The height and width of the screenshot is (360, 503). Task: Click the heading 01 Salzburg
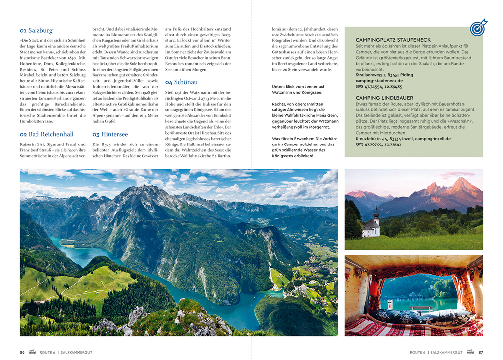coord(36,30)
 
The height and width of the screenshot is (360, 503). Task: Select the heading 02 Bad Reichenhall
coord(46,134)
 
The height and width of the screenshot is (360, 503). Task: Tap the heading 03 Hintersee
coord(110,134)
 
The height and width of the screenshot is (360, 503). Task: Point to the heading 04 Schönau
coord(181,82)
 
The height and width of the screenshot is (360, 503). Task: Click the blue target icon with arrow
coord(478,28)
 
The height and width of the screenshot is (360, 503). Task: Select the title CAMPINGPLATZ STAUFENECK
coord(393,40)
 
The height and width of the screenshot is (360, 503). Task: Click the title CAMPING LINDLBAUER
coord(384,98)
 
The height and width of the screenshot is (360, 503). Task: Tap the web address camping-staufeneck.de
coord(379,81)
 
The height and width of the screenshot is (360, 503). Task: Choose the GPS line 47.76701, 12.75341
coord(378,144)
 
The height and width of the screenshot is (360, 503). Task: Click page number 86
coord(22,352)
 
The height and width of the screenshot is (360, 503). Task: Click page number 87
coord(481,352)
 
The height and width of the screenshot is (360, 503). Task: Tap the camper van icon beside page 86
coord(33,352)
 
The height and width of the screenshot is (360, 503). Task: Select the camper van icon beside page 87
coord(470,352)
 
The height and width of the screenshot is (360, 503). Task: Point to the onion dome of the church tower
coord(376,213)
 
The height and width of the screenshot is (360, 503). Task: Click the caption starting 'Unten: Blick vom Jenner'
coord(298,89)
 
